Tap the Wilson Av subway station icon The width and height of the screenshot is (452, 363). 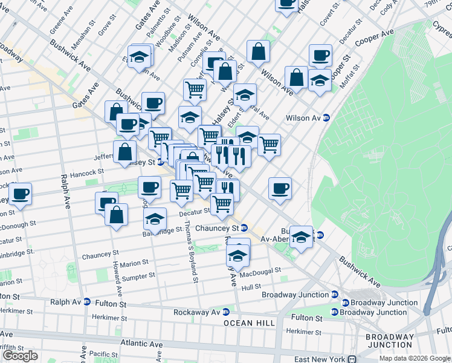coord(326,118)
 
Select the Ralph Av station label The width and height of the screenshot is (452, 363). coord(64,301)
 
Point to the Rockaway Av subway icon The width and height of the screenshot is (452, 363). coord(226,312)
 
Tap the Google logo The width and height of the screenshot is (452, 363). coord(20,356)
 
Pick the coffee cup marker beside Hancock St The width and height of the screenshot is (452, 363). coord(19,195)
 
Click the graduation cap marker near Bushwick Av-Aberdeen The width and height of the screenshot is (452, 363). coord(301,237)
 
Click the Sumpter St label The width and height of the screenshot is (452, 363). coord(138,276)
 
